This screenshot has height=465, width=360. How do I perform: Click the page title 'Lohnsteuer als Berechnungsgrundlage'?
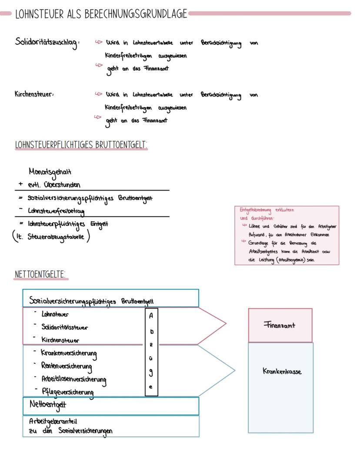(x=101, y=14)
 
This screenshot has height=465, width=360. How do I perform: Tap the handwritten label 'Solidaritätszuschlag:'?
(x=47, y=43)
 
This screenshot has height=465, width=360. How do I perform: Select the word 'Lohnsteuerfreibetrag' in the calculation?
(x=56, y=211)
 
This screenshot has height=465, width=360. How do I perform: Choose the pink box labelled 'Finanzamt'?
(x=280, y=325)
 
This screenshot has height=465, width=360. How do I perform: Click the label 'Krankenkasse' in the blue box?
(x=282, y=371)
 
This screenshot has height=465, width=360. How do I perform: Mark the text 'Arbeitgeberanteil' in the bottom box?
(x=53, y=422)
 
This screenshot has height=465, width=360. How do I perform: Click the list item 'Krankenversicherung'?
(x=69, y=353)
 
